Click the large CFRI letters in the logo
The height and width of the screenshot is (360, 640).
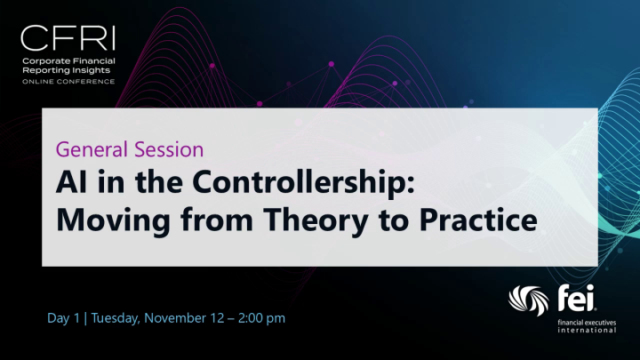pyautogui.click(x=68, y=38)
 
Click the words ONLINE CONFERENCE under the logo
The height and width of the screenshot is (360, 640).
pyautogui.click(x=68, y=81)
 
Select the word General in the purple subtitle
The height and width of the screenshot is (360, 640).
pyautogui.click(x=87, y=148)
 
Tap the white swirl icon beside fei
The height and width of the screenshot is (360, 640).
pyautogui.click(x=528, y=302)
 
